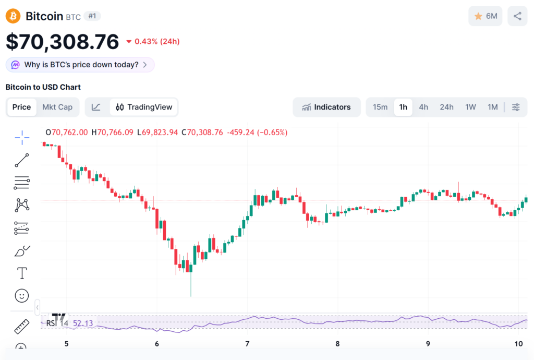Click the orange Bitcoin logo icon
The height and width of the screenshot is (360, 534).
13,16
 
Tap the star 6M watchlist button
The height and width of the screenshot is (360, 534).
486,16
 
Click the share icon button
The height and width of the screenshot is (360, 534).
517,16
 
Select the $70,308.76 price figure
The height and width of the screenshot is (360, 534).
62,42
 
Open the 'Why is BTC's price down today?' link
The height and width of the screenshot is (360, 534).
81,65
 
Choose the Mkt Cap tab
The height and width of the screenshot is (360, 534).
57,107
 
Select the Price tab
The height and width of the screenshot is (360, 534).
22,107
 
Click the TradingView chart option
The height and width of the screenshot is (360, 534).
144,107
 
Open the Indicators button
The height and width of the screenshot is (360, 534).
327,107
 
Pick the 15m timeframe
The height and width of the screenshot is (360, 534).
380,107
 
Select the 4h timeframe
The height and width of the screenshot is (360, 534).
423,107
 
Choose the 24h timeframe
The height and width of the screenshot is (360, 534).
446,107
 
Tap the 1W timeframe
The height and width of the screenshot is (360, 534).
470,107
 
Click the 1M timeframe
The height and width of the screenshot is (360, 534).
492,107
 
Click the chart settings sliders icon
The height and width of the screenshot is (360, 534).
516,107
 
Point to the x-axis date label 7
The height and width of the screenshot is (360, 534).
247,343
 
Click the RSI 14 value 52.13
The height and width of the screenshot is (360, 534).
82,323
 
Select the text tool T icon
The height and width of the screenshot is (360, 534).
22,273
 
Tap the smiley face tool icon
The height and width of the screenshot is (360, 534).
22,296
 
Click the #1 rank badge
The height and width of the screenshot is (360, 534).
92,16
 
